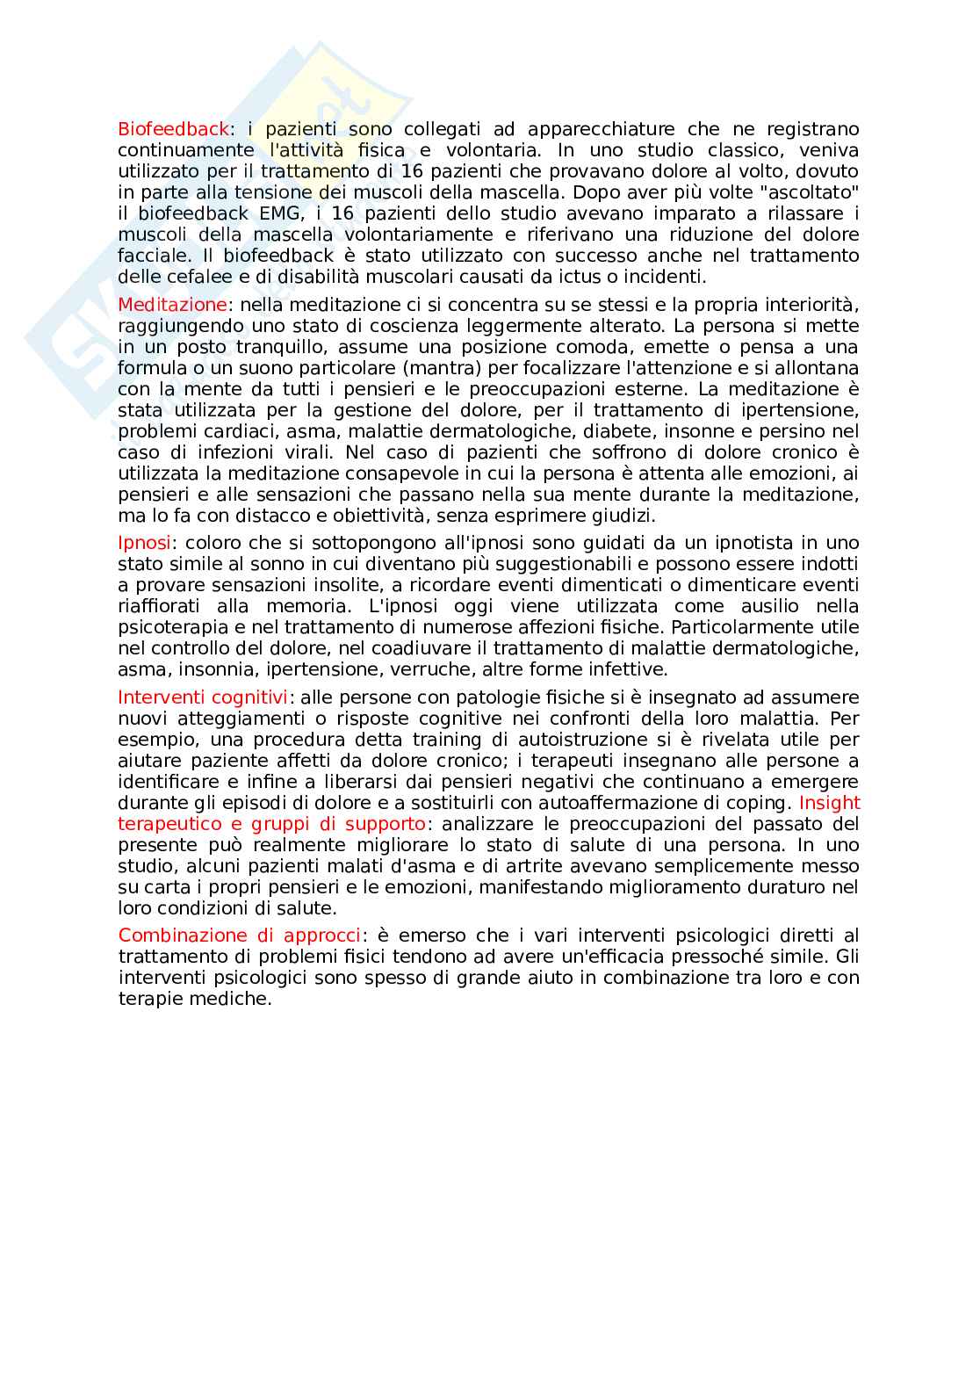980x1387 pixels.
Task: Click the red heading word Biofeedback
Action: tap(173, 129)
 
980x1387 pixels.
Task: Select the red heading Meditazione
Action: tap(172, 305)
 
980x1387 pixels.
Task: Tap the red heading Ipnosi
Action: tap(144, 543)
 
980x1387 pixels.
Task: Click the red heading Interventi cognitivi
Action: tap(203, 697)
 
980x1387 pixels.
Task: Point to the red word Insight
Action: tap(829, 803)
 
